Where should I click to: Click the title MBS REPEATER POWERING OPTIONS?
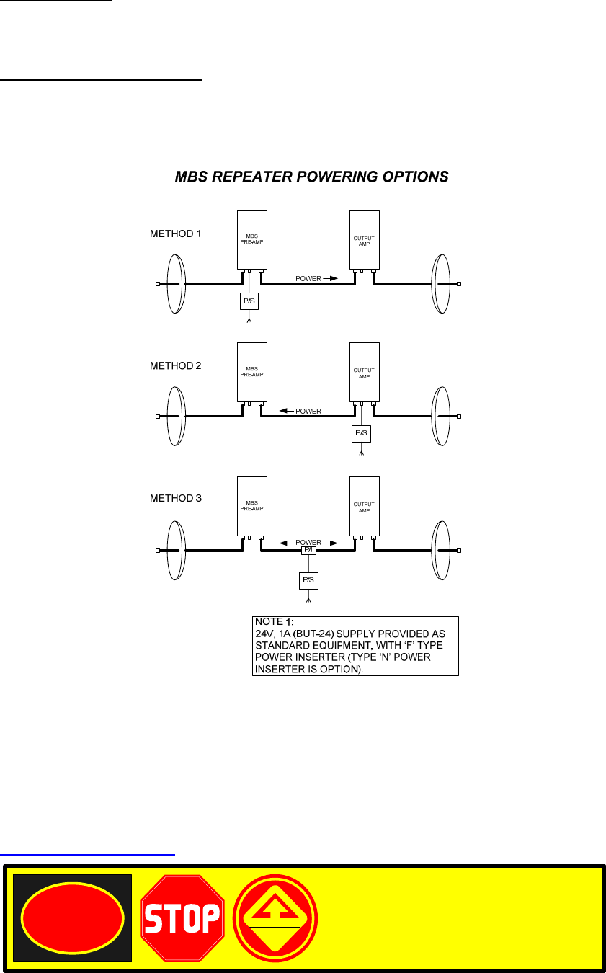point(311,177)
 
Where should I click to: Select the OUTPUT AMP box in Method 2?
point(364,372)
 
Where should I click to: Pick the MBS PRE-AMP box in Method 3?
point(252,505)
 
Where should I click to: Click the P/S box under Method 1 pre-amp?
point(249,301)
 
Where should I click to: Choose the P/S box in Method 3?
point(308,580)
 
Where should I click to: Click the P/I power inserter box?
point(308,550)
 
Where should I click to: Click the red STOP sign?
point(182,918)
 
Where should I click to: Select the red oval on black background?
point(72,918)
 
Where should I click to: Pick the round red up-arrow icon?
point(275,918)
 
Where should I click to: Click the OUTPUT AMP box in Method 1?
point(364,240)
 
